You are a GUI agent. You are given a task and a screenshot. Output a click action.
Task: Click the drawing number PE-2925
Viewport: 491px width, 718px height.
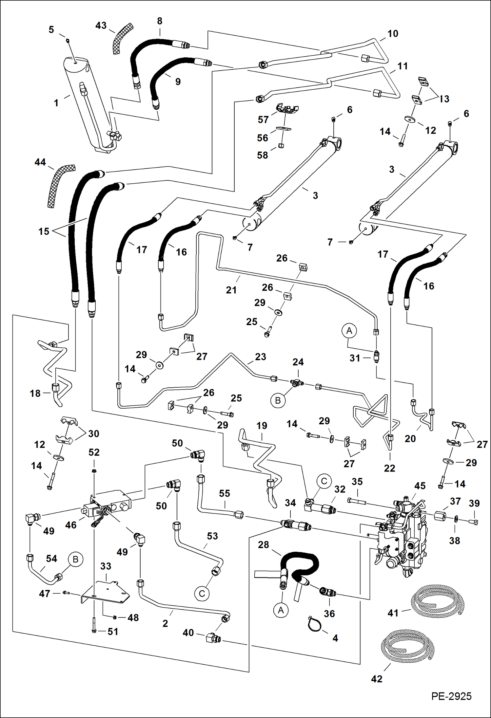pyautogui.click(x=451, y=696)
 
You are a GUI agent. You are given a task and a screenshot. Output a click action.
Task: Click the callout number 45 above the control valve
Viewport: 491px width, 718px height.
pyautogui.click(x=420, y=486)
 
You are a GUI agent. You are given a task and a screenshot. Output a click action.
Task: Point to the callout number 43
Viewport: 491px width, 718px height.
pyautogui.click(x=101, y=26)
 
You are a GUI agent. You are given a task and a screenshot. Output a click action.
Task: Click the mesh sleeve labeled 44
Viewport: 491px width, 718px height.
pyautogui.click(x=61, y=185)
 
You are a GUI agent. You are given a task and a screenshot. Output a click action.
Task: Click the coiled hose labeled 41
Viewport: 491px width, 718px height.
pyautogui.click(x=438, y=601)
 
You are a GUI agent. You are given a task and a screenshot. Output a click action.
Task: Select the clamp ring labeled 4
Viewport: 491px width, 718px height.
pyautogui.click(x=315, y=624)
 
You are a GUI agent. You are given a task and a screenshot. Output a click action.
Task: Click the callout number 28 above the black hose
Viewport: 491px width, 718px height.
pyautogui.click(x=263, y=544)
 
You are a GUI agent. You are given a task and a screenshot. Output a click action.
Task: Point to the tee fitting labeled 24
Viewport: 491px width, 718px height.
pyautogui.click(x=297, y=382)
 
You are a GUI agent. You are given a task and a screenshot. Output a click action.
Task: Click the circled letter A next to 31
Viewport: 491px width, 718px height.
pyautogui.click(x=349, y=331)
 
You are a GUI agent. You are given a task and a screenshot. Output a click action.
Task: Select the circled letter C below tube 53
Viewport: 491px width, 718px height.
pyautogui.click(x=202, y=594)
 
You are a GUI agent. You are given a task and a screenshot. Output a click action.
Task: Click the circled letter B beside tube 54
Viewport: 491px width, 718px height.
pyautogui.click(x=75, y=559)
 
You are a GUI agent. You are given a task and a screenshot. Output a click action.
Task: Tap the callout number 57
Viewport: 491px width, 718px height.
pyautogui.click(x=263, y=120)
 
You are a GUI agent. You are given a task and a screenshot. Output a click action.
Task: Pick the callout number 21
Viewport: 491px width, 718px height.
pyautogui.click(x=231, y=290)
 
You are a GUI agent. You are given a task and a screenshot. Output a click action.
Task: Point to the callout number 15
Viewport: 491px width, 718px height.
pyautogui.click(x=44, y=231)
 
